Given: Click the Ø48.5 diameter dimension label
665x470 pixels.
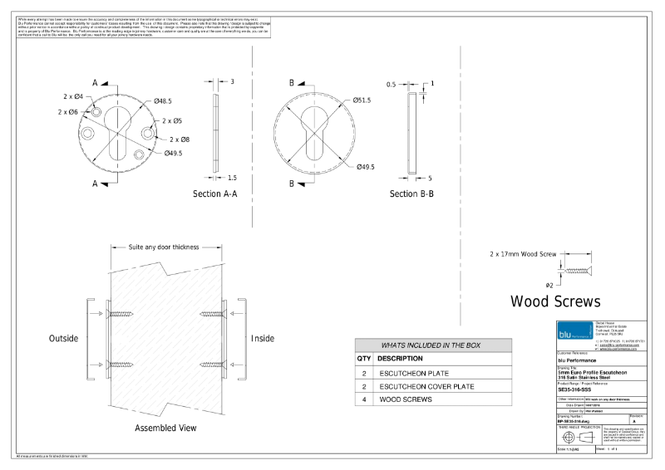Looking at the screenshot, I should (x=163, y=101).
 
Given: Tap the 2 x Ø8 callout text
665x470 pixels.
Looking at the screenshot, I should (x=180, y=140).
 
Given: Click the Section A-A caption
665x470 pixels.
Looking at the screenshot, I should (x=215, y=193).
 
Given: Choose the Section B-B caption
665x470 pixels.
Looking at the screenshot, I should (x=412, y=193).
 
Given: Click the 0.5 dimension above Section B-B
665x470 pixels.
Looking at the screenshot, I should (x=392, y=84).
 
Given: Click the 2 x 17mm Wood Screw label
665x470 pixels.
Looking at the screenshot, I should (x=522, y=253).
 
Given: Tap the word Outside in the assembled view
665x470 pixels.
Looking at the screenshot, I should (x=63, y=339).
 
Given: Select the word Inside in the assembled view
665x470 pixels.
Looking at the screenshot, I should (x=263, y=339).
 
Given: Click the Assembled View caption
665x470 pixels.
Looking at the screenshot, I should (x=165, y=428).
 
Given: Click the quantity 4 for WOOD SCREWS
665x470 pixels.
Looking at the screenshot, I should (x=364, y=399).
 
